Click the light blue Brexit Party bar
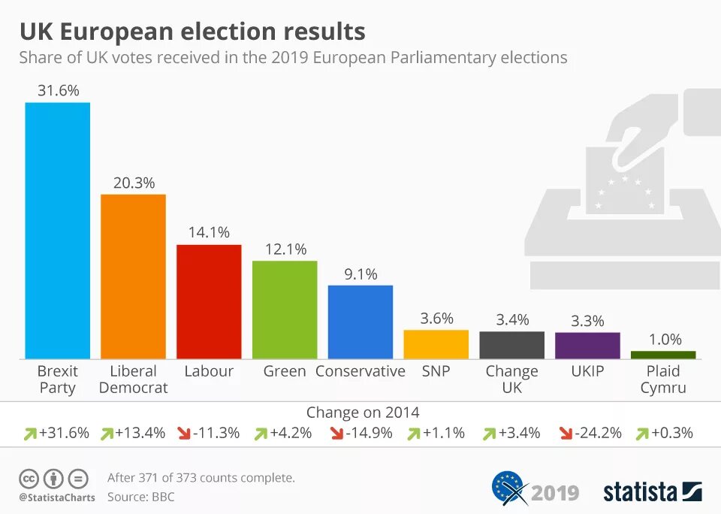tap(58, 231)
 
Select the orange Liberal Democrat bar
tap(134, 277)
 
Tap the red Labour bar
tap(210, 302)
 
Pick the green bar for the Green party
tap(285, 310)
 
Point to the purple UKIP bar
tap(587, 346)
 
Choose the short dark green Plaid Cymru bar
tap(663, 355)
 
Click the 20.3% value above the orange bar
tap(134, 183)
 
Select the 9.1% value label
tap(361, 274)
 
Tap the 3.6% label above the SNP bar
tap(437, 319)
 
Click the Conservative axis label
tap(360, 371)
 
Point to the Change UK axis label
tap(511, 379)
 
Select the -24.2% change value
tap(599, 433)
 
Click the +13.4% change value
tap(140, 433)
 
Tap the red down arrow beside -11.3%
tap(184, 434)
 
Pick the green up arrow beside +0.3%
tap(642, 434)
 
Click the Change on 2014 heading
tap(363, 413)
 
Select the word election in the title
tap(227, 32)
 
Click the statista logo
tap(653, 491)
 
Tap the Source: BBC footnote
tap(140, 497)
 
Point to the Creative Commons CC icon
tap(29, 479)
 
